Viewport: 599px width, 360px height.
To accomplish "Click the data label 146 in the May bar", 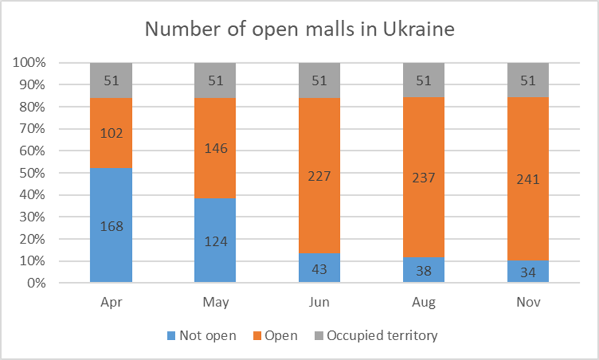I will (216, 148).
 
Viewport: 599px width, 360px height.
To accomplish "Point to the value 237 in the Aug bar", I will (424, 178).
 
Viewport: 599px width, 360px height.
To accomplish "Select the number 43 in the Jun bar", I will (320, 269).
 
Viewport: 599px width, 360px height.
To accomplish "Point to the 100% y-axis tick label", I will (29, 63).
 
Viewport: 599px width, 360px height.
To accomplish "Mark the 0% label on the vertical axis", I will (36, 284).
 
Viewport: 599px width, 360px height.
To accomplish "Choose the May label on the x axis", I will (216, 303).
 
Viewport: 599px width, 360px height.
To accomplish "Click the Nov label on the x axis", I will (528, 303).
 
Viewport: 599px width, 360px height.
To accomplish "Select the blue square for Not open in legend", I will (171, 336).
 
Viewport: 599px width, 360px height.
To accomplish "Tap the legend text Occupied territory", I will (382, 336).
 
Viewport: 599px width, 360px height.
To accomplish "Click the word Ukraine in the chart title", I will (415, 28).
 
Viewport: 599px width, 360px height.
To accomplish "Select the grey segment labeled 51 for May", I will (216, 80).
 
